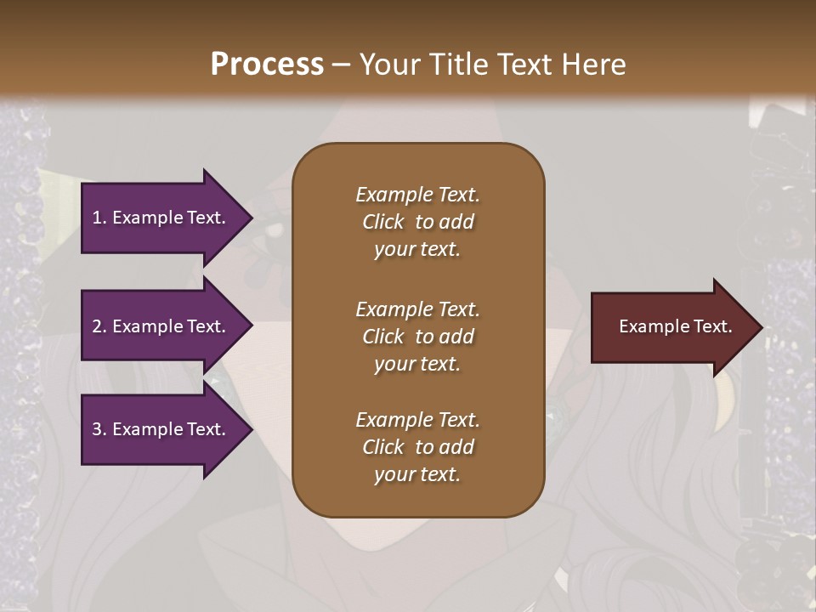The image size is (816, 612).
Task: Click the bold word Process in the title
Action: pos(267,64)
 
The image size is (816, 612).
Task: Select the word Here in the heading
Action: pos(593,64)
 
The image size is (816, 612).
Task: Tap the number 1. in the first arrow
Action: pos(99,218)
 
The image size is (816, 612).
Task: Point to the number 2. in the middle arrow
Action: pos(99,326)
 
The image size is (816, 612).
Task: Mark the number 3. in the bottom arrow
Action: pos(99,430)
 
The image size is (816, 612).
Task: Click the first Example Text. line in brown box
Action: pos(417,195)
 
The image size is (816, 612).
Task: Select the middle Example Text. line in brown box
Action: pos(417,309)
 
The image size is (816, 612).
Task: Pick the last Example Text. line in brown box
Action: pos(417,420)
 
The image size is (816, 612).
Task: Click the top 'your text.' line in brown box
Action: pos(417,250)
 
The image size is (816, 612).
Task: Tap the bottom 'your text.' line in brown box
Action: pos(417,475)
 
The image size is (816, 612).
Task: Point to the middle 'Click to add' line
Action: pos(417,337)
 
